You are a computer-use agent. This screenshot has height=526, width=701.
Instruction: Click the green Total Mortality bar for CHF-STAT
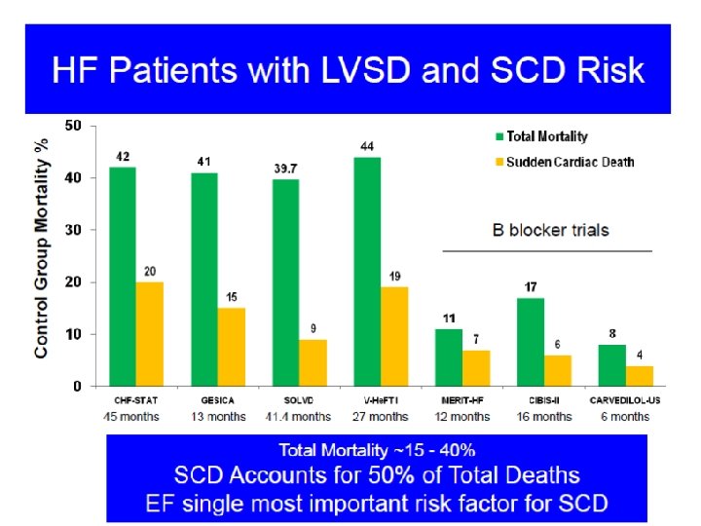point(124,277)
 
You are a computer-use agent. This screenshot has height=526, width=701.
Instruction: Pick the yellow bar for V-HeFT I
point(393,336)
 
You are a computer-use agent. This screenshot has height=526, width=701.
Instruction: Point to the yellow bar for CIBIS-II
point(558,370)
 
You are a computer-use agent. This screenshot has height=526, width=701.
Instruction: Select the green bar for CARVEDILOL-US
point(612,365)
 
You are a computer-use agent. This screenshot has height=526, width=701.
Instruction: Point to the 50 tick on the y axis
point(73,126)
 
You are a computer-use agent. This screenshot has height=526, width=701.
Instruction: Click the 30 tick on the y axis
point(73,230)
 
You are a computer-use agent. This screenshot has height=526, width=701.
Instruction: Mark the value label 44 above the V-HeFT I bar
point(368,147)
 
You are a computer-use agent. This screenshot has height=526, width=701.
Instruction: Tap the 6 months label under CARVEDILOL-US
point(624,417)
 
